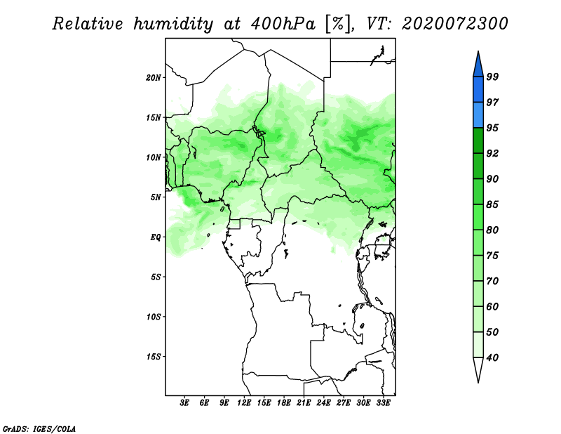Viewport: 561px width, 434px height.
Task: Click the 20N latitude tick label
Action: tap(154, 78)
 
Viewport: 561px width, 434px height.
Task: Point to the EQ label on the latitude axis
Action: tap(155, 237)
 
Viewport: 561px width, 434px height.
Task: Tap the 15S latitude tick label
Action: tap(154, 357)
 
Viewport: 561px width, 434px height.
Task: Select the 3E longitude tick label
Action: tap(184, 402)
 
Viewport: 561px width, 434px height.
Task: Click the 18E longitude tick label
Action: tap(284, 402)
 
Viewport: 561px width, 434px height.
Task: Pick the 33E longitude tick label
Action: tap(383, 402)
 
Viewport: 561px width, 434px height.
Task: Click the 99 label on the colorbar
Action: tap(492, 77)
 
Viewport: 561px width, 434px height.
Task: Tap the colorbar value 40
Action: tap(492, 357)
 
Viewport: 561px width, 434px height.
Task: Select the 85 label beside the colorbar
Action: tap(492, 204)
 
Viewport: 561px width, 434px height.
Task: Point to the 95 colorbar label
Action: tap(492, 128)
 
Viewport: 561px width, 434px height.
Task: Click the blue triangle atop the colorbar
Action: tap(478, 65)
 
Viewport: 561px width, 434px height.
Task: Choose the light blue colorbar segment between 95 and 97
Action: tap(478, 115)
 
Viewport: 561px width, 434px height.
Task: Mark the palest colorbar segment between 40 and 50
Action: tap(478, 345)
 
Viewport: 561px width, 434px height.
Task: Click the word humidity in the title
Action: tap(173, 25)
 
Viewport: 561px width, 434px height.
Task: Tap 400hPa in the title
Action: tap(283, 24)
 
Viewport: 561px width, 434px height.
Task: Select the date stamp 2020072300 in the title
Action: tap(454, 24)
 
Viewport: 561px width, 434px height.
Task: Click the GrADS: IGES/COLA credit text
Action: tap(39, 428)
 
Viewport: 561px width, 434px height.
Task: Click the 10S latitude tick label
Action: tap(154, 317)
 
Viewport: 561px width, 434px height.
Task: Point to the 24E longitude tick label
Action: tap(323, 402)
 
